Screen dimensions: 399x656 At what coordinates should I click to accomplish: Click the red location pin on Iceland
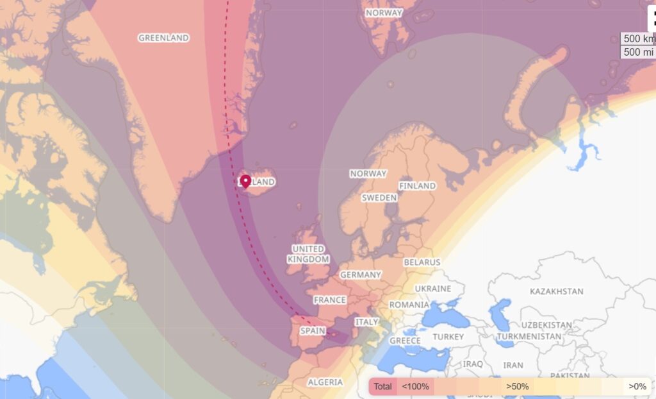[x=245, y=182]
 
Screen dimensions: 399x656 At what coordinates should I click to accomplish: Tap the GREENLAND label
[x=164, y=38]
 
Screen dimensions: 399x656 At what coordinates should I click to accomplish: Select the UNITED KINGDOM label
[x=308, y=254]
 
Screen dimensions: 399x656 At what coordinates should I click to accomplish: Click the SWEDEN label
[x=379, y=198]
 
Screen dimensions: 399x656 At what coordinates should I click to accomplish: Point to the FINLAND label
[x=417, y=185]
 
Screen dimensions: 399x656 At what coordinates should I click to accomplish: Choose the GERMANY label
[x=361, y=275]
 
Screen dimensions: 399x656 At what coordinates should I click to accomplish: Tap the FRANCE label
[x=330, y=300]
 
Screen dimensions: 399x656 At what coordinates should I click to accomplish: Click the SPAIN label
[x=313, y=331]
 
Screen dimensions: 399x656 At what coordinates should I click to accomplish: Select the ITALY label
[x=367, y=321]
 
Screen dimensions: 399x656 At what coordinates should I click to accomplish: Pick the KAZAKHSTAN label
[x=557, y=291]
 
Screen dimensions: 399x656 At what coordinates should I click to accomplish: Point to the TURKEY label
[x=448, y=337]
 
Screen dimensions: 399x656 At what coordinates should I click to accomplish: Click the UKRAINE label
[x=433, y=288]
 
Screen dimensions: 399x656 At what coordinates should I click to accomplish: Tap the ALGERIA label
[x=325, y=382]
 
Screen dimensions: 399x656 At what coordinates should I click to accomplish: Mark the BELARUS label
[x=422, y=262]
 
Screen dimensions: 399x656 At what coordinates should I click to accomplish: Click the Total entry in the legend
[x=383, y=387]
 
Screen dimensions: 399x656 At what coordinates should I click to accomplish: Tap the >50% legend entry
[x=518, y=387]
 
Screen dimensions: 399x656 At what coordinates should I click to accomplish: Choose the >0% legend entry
[x=637, y=387]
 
